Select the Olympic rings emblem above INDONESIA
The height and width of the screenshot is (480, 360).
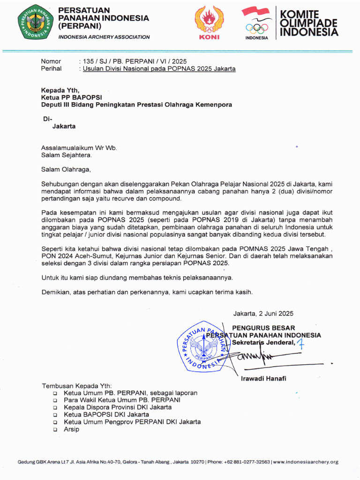(257, 28)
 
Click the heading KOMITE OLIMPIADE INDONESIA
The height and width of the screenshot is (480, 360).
(308, 23)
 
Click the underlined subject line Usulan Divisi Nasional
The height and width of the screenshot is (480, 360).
(159, 68)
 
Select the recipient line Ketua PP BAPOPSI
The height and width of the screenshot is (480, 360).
(71, 97)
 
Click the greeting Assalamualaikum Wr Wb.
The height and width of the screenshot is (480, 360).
(79, 148)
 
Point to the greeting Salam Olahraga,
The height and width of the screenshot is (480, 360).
(65, 169)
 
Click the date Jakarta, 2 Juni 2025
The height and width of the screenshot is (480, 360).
(263, 314)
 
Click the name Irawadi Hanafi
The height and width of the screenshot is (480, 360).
(263, 378)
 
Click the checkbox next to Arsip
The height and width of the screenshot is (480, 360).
(55, 429)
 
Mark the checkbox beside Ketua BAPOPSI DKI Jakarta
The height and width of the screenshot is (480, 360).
(55, 415)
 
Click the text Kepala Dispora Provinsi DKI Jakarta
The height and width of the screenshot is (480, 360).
(118, 407)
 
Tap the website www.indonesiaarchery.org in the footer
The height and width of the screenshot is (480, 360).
(305, 462)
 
